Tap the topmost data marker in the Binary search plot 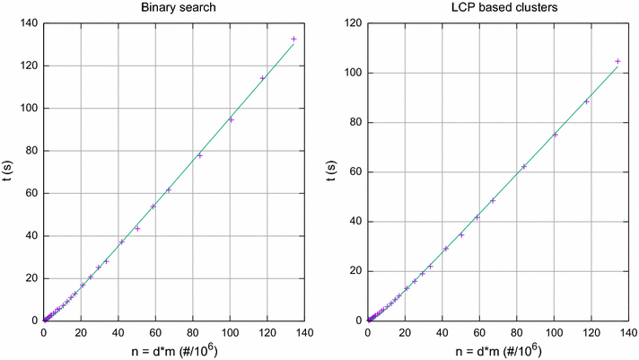[x=293, y=39]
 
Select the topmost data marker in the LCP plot [x=617, y=61]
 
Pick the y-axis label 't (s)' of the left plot [x=8, y=171]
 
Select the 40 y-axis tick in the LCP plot [x=355, y=221]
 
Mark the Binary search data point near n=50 [x=137, y=228]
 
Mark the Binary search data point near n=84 [x=200, y=155]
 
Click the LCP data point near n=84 [x=524, y=166]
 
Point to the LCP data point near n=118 [x=586, y=101]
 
